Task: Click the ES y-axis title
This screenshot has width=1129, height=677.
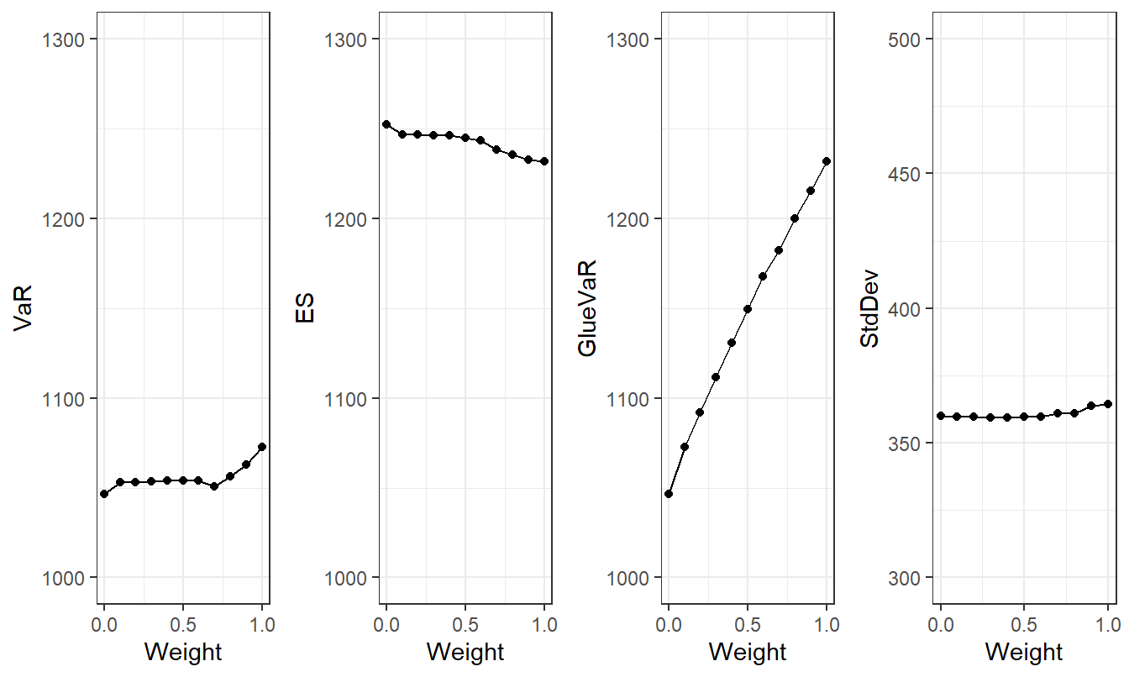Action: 305,308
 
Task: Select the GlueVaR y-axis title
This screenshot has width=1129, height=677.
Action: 587,307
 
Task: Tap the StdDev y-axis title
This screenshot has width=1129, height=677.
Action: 869,307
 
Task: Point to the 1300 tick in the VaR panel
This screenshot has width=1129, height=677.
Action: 69,39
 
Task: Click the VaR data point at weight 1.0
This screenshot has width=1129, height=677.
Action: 262,447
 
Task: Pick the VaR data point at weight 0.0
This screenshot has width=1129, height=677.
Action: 104,494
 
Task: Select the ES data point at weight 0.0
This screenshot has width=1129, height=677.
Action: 386,124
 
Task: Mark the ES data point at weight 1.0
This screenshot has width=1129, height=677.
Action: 544,161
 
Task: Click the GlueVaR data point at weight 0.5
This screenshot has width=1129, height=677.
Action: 748,309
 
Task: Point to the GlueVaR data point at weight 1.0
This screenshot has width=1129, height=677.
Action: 827,161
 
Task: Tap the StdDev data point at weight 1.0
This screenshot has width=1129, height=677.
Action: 1108,404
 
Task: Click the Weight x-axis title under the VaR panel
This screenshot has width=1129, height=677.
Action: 183,652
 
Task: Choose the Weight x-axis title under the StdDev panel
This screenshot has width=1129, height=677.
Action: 1024,652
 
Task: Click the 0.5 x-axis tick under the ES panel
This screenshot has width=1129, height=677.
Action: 465,625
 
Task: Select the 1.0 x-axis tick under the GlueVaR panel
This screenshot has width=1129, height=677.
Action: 827,625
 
